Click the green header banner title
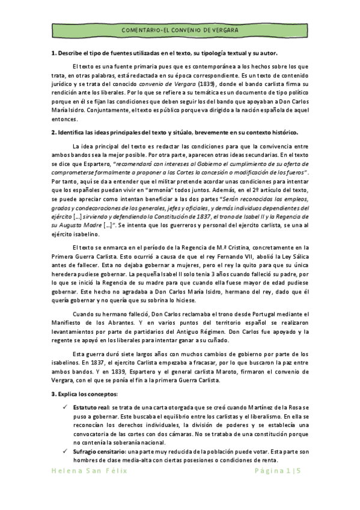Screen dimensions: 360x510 180,29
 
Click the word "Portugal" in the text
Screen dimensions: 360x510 235,313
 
